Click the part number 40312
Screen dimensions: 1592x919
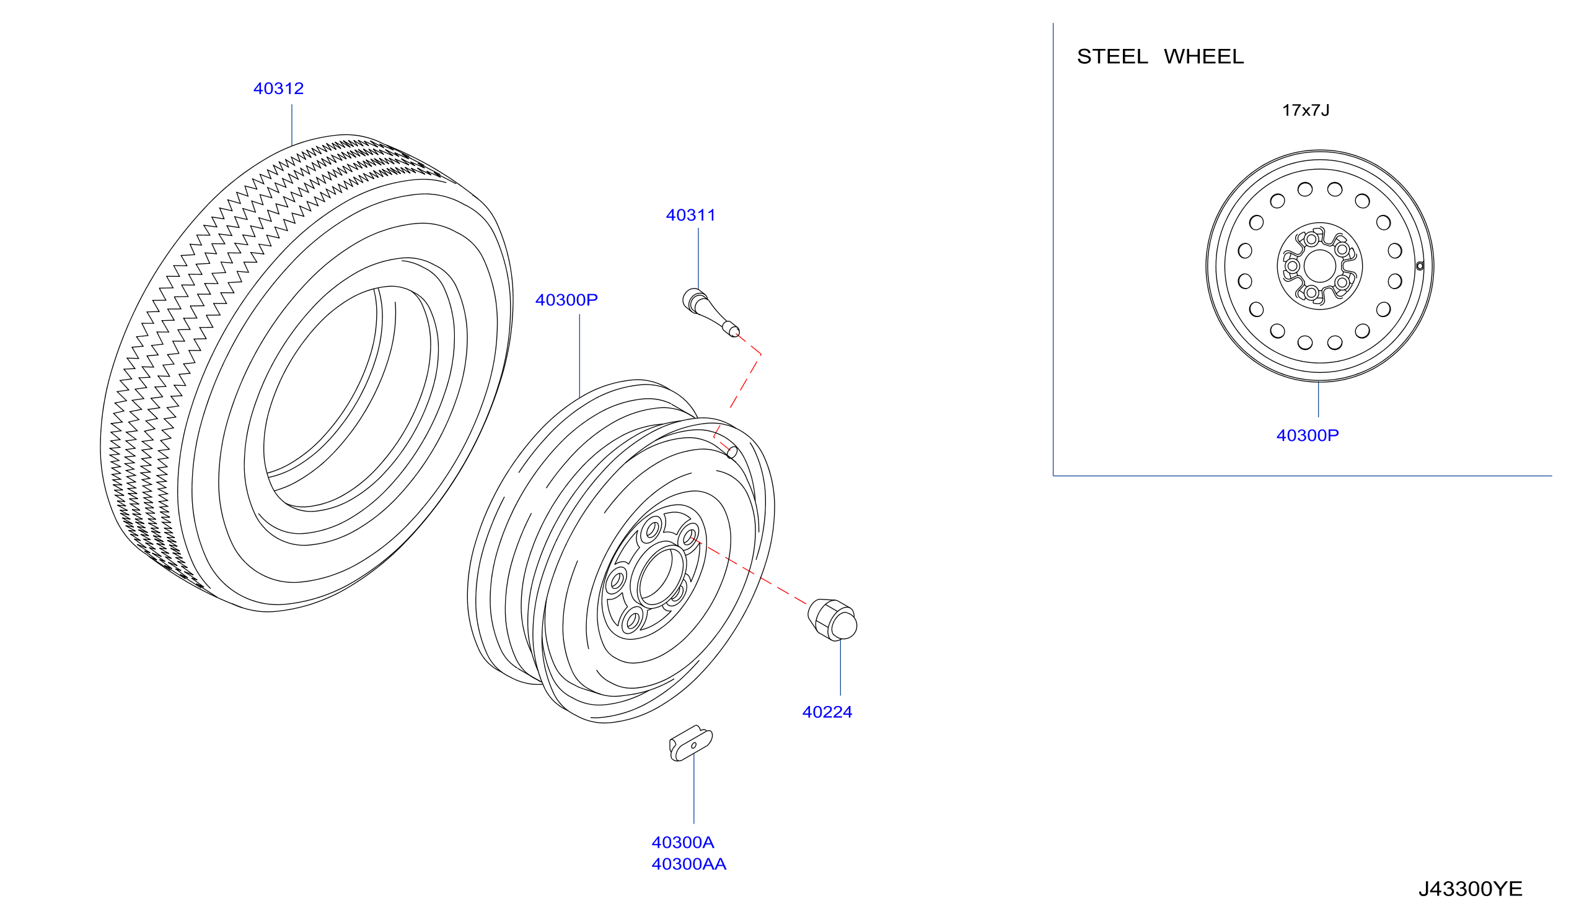tap(278, 89)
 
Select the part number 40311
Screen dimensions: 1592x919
tap(690, 216)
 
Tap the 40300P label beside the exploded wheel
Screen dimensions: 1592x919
tap(566, 300)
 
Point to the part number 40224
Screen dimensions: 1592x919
tap(827, 712)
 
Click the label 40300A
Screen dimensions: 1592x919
tap(682, 843)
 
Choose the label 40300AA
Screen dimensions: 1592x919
tap(688, 864)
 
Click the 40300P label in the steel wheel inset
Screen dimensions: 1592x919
tap(1307, 435)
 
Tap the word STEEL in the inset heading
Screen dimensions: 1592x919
tap(1112, 57)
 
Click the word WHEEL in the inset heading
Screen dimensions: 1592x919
tap(1203, 57)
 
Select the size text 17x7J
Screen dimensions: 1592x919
tap(1305, 110)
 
